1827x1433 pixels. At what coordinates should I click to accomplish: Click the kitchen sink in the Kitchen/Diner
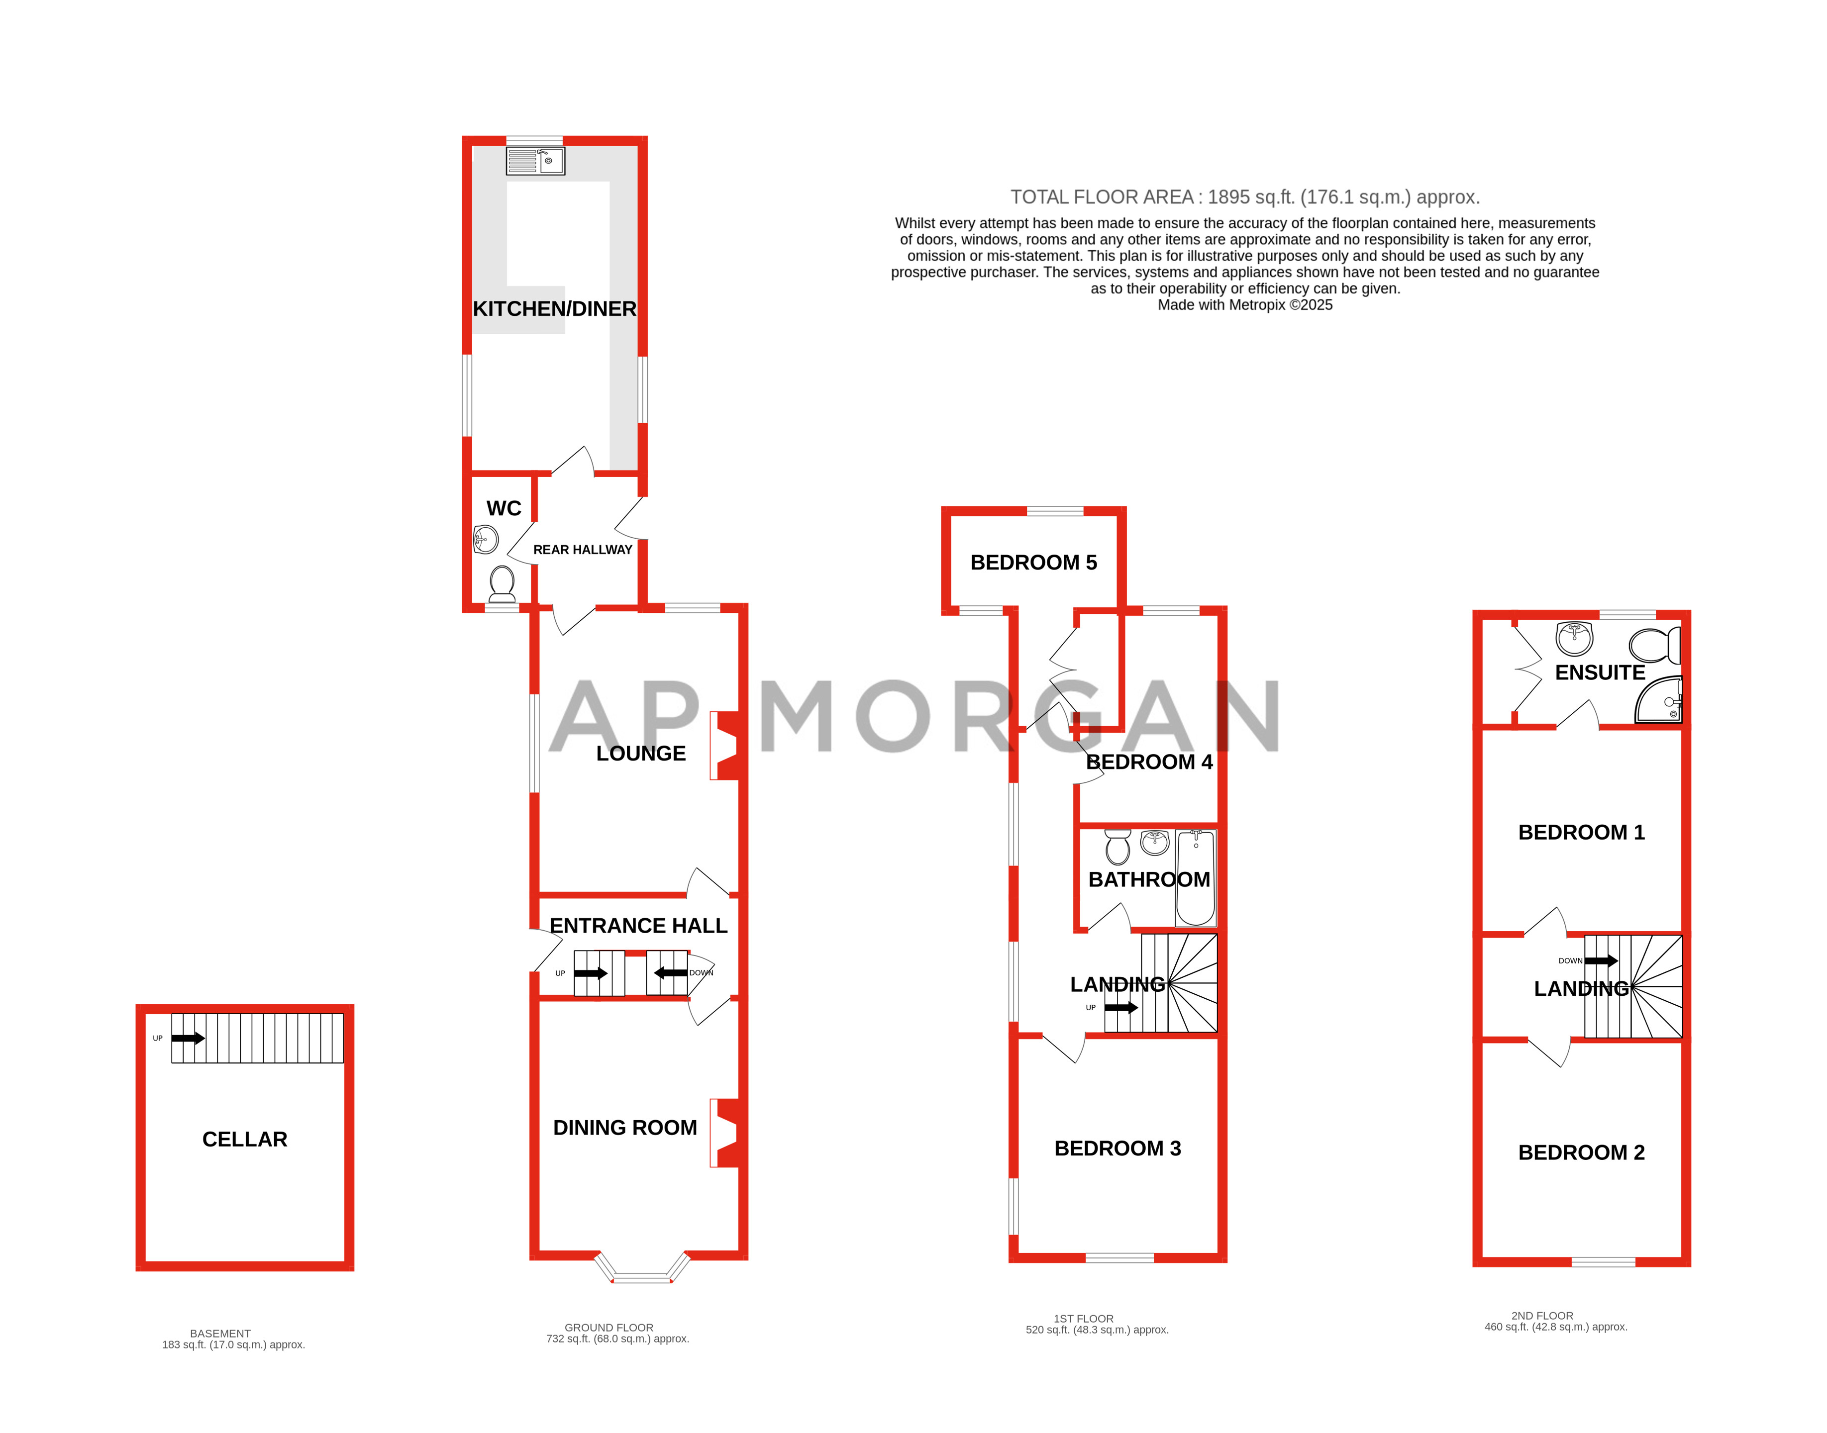pos(534,160)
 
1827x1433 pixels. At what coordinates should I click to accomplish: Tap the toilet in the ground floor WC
pos(502,583)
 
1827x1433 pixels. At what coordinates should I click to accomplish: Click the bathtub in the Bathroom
pos(1195,877)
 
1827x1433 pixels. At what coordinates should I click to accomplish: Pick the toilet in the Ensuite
pos(1654,645)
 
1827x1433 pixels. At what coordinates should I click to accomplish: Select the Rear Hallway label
pos(583,550)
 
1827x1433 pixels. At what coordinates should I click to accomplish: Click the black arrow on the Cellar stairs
pos(188,1038)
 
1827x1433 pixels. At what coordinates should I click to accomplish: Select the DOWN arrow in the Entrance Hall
pos(671,972)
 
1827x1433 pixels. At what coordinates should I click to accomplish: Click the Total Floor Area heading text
pos(1244,197)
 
